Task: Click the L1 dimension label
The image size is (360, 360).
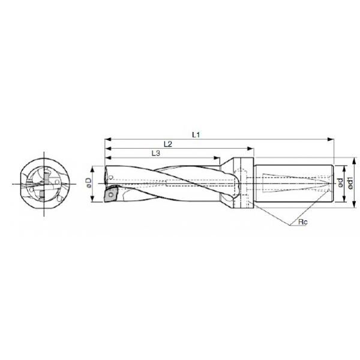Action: pyautogui.click(x=196, y=136)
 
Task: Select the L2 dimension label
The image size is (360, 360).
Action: pyautogui.click(x=167, y=145)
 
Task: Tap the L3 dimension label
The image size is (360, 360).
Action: pyautogui.click(x=155, y=154)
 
